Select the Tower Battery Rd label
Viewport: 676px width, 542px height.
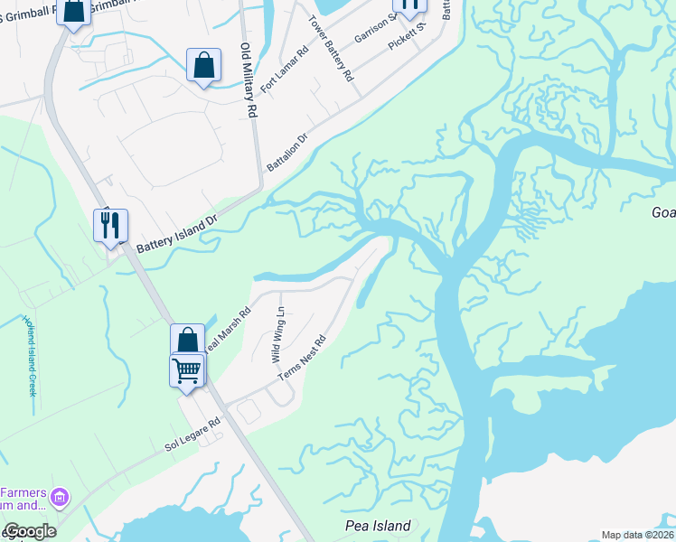point(330,50)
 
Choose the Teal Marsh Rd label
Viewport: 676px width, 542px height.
point(226,332)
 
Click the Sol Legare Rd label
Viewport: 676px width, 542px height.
point(192,435)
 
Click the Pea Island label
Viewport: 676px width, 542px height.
point(378,526)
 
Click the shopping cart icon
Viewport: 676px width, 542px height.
point(186,369)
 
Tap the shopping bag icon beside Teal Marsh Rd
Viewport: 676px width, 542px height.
point(188,341)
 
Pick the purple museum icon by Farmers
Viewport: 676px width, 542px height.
point(61,496)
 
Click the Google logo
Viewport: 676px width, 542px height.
point(29,531)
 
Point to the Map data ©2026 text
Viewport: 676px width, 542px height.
point(637,535)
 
